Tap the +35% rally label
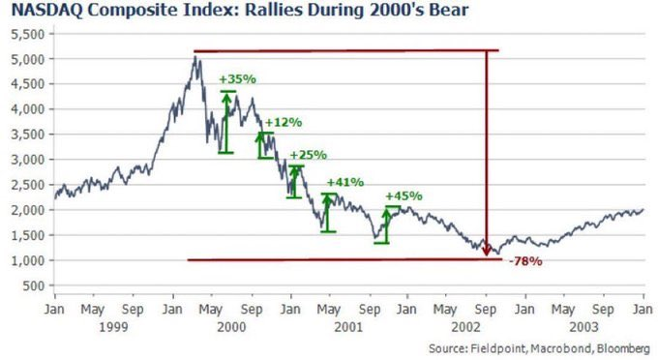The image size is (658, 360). [x=236, y=79]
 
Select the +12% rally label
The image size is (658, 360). [x=283, y=123]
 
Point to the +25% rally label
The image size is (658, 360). [x=308, y=155]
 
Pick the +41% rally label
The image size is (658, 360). [x=344, y=182]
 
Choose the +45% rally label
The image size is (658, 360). [x=404, y=195]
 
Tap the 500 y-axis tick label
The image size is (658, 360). [x=34, y=285]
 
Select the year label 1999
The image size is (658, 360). [x=114, y=328]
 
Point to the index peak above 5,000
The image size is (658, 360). [x=196, y=57]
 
